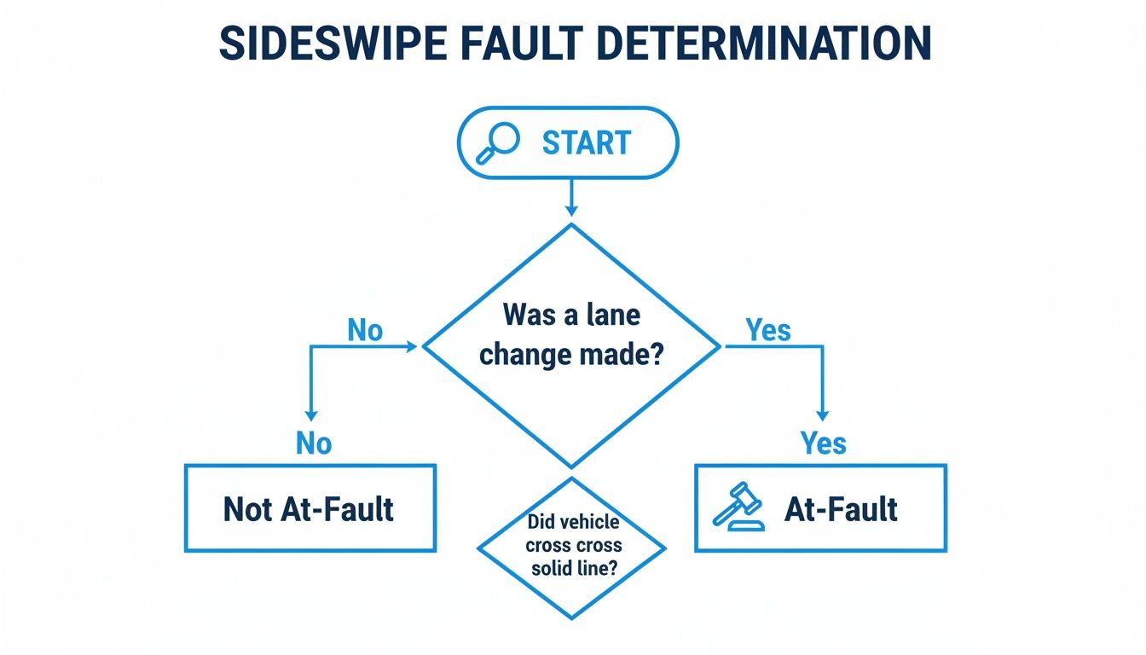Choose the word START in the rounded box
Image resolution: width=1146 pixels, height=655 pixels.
[x=587, y=142]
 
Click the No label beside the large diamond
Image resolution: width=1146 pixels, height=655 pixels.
[x=365, y=330]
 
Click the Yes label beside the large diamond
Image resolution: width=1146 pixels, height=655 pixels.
[x=768, y=330]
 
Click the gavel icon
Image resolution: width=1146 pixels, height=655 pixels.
[x=737, y=507]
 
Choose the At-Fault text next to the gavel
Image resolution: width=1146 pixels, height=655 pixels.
[x=841, y=509]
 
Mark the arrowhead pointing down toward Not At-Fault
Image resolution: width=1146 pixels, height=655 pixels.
[x=311, y=414]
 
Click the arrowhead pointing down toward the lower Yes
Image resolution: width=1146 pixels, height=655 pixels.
[x=822, y=414]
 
